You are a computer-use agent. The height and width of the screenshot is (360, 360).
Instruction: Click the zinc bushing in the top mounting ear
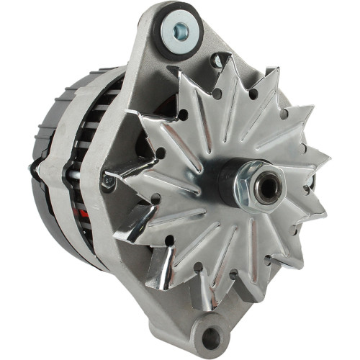tap(176, 31)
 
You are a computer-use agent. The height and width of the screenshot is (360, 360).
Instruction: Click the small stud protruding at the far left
tap(32, 167)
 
